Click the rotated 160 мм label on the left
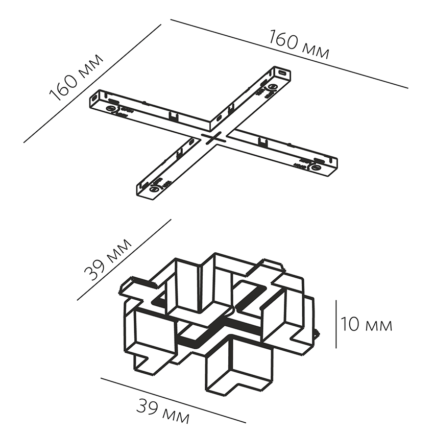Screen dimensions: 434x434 click(77, 77)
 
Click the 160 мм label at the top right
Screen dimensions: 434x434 click(299, 45)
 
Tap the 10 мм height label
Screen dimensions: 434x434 click(367, 325)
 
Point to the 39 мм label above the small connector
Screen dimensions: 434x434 click(108, 260)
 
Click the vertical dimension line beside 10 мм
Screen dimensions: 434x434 click(336, 324)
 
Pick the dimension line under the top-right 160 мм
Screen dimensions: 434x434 click(288, 54)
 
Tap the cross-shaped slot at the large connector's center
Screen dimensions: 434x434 click(214, 138)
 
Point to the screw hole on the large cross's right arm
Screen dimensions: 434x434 click(315, 167)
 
